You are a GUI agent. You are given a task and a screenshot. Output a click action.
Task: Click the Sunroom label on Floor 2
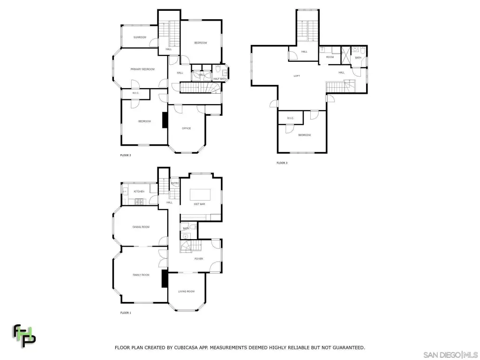click(x=140, y=37)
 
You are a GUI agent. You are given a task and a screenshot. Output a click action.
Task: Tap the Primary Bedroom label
click(x=142, y=69)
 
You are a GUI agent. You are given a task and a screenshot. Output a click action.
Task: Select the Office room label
click(x=186, y=128)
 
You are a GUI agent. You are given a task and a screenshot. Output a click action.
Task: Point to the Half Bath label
click(x=220, y=79)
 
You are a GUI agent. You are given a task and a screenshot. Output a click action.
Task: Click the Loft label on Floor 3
click(x=297, y=76)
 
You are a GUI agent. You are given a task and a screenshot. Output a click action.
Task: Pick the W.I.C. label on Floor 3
click(x=289, y=118)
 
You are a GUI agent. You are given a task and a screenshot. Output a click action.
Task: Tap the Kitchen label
click(x=139, y=192)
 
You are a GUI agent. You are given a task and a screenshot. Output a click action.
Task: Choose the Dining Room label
click(x=141, y=227)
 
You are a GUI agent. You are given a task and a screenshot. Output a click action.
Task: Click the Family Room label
click(x=141, y=275)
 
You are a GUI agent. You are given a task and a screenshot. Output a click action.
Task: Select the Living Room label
click(x=186, y=292)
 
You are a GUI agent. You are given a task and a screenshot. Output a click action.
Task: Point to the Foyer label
click(x=199, y=258)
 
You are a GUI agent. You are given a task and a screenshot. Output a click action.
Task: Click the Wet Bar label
click(x=200, y=204)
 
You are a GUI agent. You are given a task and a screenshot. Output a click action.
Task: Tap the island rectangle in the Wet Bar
click(x=200, y=194)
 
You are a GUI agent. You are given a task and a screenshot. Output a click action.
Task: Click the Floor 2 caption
click(x=126, y=155)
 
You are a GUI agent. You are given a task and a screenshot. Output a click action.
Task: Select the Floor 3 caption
click(x=282, y=163)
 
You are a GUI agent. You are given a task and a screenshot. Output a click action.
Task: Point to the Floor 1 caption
click(x=126, y=313)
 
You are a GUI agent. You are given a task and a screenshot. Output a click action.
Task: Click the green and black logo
click(x=24, y=334)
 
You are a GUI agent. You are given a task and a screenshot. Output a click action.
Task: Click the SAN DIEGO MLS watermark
click(x=450, y=354)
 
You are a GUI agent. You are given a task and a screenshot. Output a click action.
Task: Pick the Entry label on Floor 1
click(x=174, y=183)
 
